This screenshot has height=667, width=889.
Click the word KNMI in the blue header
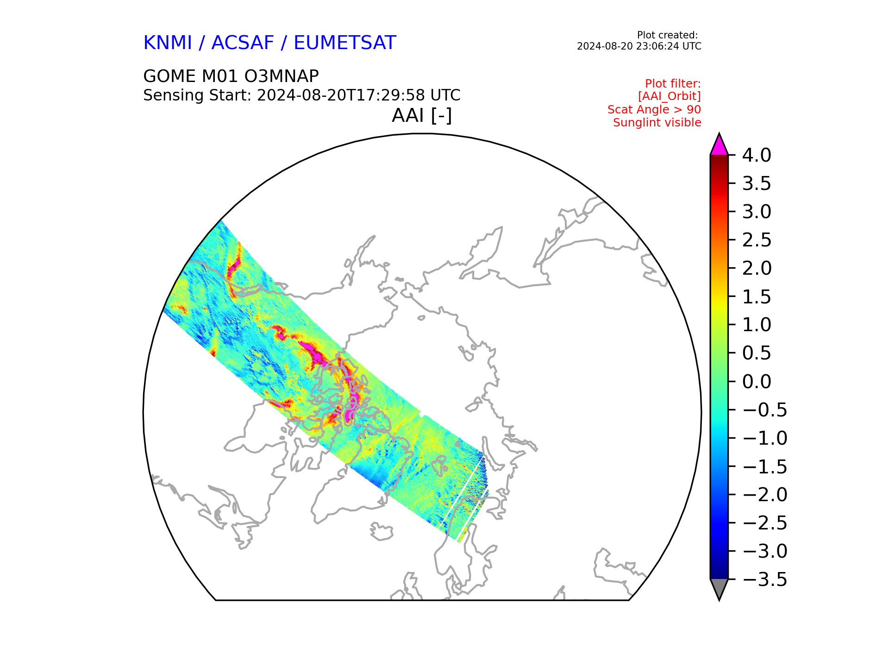pyautogui.click(x=168, y=43)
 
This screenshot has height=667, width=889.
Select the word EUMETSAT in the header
pyautogui.click(x=345, y=43)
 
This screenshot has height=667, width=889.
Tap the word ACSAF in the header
pyautogui.click(x=243, y=43)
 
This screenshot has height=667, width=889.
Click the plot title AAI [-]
pyautogui.click(x=422, y=116)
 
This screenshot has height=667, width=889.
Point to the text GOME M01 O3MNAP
pyautogui.click(x=231, y=76)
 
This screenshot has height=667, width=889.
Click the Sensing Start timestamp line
pyautogui.click(x=302, y=95)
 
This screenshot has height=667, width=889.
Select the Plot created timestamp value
pyautogui.click(x=639, y=46)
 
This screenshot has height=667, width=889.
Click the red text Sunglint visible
pyautogui.click(x=657, y=123)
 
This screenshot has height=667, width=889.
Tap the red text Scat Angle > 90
pyautogui.click(x=654, y=110)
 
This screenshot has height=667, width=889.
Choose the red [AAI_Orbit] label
pyautogui.click(x=670, y=96)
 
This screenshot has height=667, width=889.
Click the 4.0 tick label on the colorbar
pyautogui.click(x=757, y=156)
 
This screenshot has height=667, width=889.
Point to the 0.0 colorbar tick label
pyautogui.click(x=757, y=382)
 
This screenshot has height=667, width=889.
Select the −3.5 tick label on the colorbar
pyautogui.click(x=764, y=579)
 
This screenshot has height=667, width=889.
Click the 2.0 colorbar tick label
pyautogui.click(x=757, y=269)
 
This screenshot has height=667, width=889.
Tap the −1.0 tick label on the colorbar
pyautogui.click(x=764, y=438)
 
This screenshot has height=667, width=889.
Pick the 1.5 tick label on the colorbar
pyautogui.click(x=757, y=297)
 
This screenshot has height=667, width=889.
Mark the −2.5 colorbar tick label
pyautogui.click(x=764, y=523)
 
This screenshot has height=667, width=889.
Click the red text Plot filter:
pyautogui.click(x=673, y=84)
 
